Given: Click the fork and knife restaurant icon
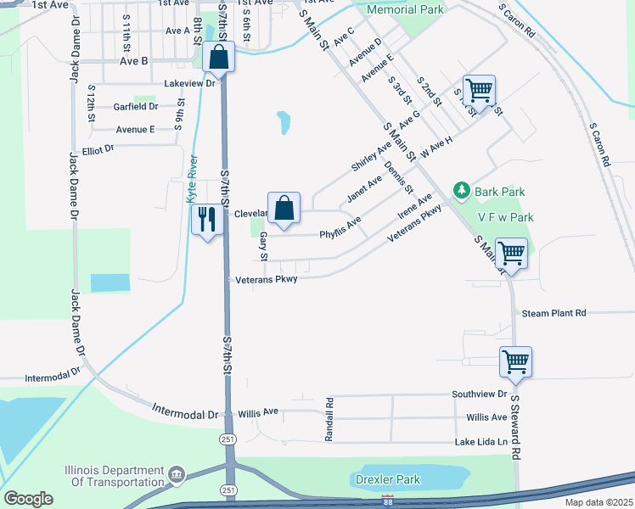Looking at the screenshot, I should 207,221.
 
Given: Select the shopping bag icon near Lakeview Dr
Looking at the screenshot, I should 219,59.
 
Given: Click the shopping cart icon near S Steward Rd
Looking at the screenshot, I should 515,362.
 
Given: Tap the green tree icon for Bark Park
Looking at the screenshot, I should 462,190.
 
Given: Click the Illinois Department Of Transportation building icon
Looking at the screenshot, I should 177,473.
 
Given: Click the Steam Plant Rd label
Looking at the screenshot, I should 554,313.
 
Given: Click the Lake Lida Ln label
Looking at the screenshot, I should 480,442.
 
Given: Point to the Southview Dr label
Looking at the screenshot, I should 479,394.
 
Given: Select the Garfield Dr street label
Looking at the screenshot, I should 136,107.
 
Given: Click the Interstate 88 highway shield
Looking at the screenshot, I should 388,501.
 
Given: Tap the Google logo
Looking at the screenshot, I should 28,499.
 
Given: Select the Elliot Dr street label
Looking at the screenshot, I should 98,149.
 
